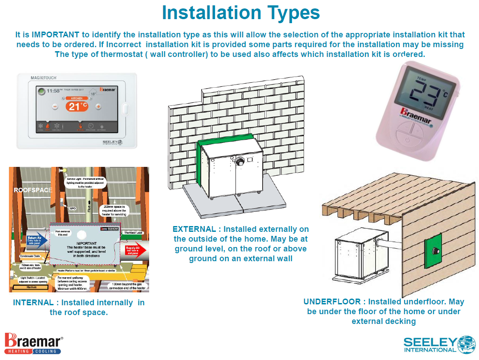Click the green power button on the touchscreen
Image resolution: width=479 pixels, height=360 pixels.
point(41,91)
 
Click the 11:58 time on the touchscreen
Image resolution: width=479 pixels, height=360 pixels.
point(53,91)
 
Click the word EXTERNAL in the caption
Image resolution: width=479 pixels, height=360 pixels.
point(194,229)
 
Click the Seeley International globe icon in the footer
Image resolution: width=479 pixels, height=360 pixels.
point(466,345)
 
